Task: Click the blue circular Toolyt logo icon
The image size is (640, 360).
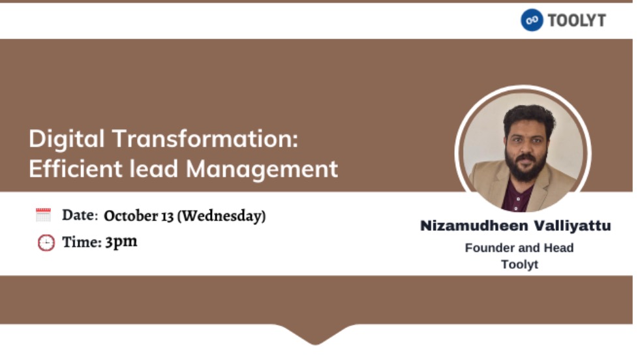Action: (532, 20)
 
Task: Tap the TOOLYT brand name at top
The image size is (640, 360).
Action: (577, 20)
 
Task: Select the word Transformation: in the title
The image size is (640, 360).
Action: (206, 138)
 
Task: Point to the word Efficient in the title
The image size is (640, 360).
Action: (76, 168)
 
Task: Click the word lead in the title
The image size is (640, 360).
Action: (154, 168)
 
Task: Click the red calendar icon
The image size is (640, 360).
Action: (43, 215)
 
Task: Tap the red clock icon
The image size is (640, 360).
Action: (46, 243)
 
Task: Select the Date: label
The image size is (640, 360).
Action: (80, 215)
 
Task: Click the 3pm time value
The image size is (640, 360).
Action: (121, 242)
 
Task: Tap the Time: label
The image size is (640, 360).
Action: (82, 242)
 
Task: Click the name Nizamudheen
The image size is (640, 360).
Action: (474, 226)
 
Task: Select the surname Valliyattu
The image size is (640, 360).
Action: (573, 226)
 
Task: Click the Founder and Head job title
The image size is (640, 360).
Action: (519, 248)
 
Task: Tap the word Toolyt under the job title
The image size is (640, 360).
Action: (519, 265)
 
